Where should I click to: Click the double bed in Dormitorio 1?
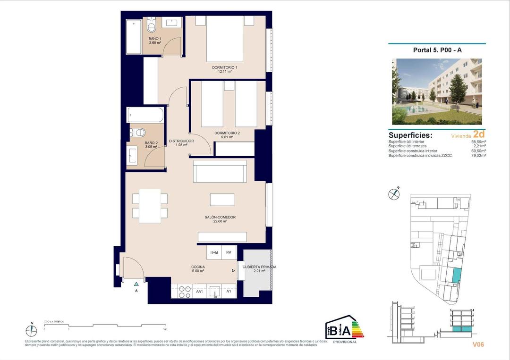[x=224, y=40]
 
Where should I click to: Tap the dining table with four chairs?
[x=150, y=206]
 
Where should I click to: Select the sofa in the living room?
[x=220, y=171]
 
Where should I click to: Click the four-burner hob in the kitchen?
[x=184, y=292]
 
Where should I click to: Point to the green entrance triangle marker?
[x=136, y=284]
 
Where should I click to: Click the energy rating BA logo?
[x=344, y=329]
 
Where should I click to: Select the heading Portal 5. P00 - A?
[x=437, y=50]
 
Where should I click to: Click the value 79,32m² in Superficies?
[x=479, y=155]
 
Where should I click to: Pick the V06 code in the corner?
[x=478, y=344]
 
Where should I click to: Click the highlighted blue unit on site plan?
[x=456, y=276]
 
